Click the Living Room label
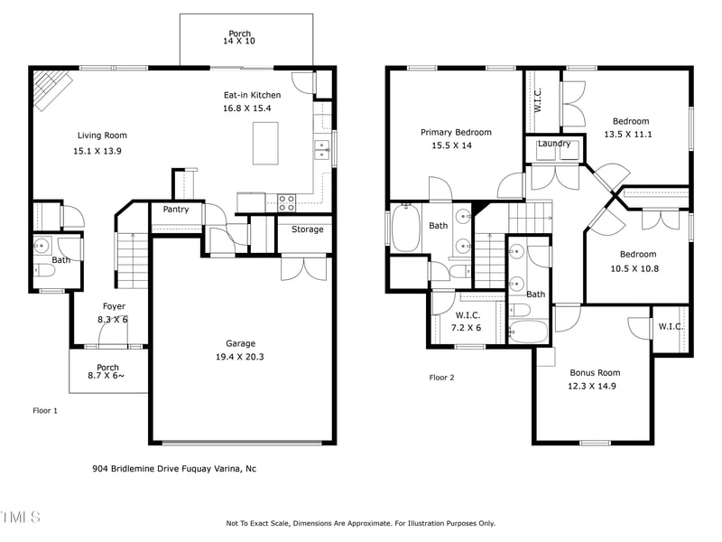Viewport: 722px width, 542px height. click(102, 135)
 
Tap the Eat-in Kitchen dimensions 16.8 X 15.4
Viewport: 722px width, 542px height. click(252, 107)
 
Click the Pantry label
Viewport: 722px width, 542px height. click(176, 210)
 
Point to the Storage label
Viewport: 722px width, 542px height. click(307, 229)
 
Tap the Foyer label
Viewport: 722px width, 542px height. click(114, 306)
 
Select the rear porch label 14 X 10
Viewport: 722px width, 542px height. click(239, 42)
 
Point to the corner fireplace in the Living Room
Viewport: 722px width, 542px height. click(52, 89)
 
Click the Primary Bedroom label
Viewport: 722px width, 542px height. click(456, 132)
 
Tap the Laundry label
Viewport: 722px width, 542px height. click(553, 144)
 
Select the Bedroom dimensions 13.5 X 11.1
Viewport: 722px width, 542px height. click(628, 134)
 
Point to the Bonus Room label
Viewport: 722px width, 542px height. click(595, 372)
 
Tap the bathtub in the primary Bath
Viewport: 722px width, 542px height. click(404, 227)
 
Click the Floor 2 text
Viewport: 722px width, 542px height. click(441, 378)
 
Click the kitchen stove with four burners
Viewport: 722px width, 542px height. click(287, 201)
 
